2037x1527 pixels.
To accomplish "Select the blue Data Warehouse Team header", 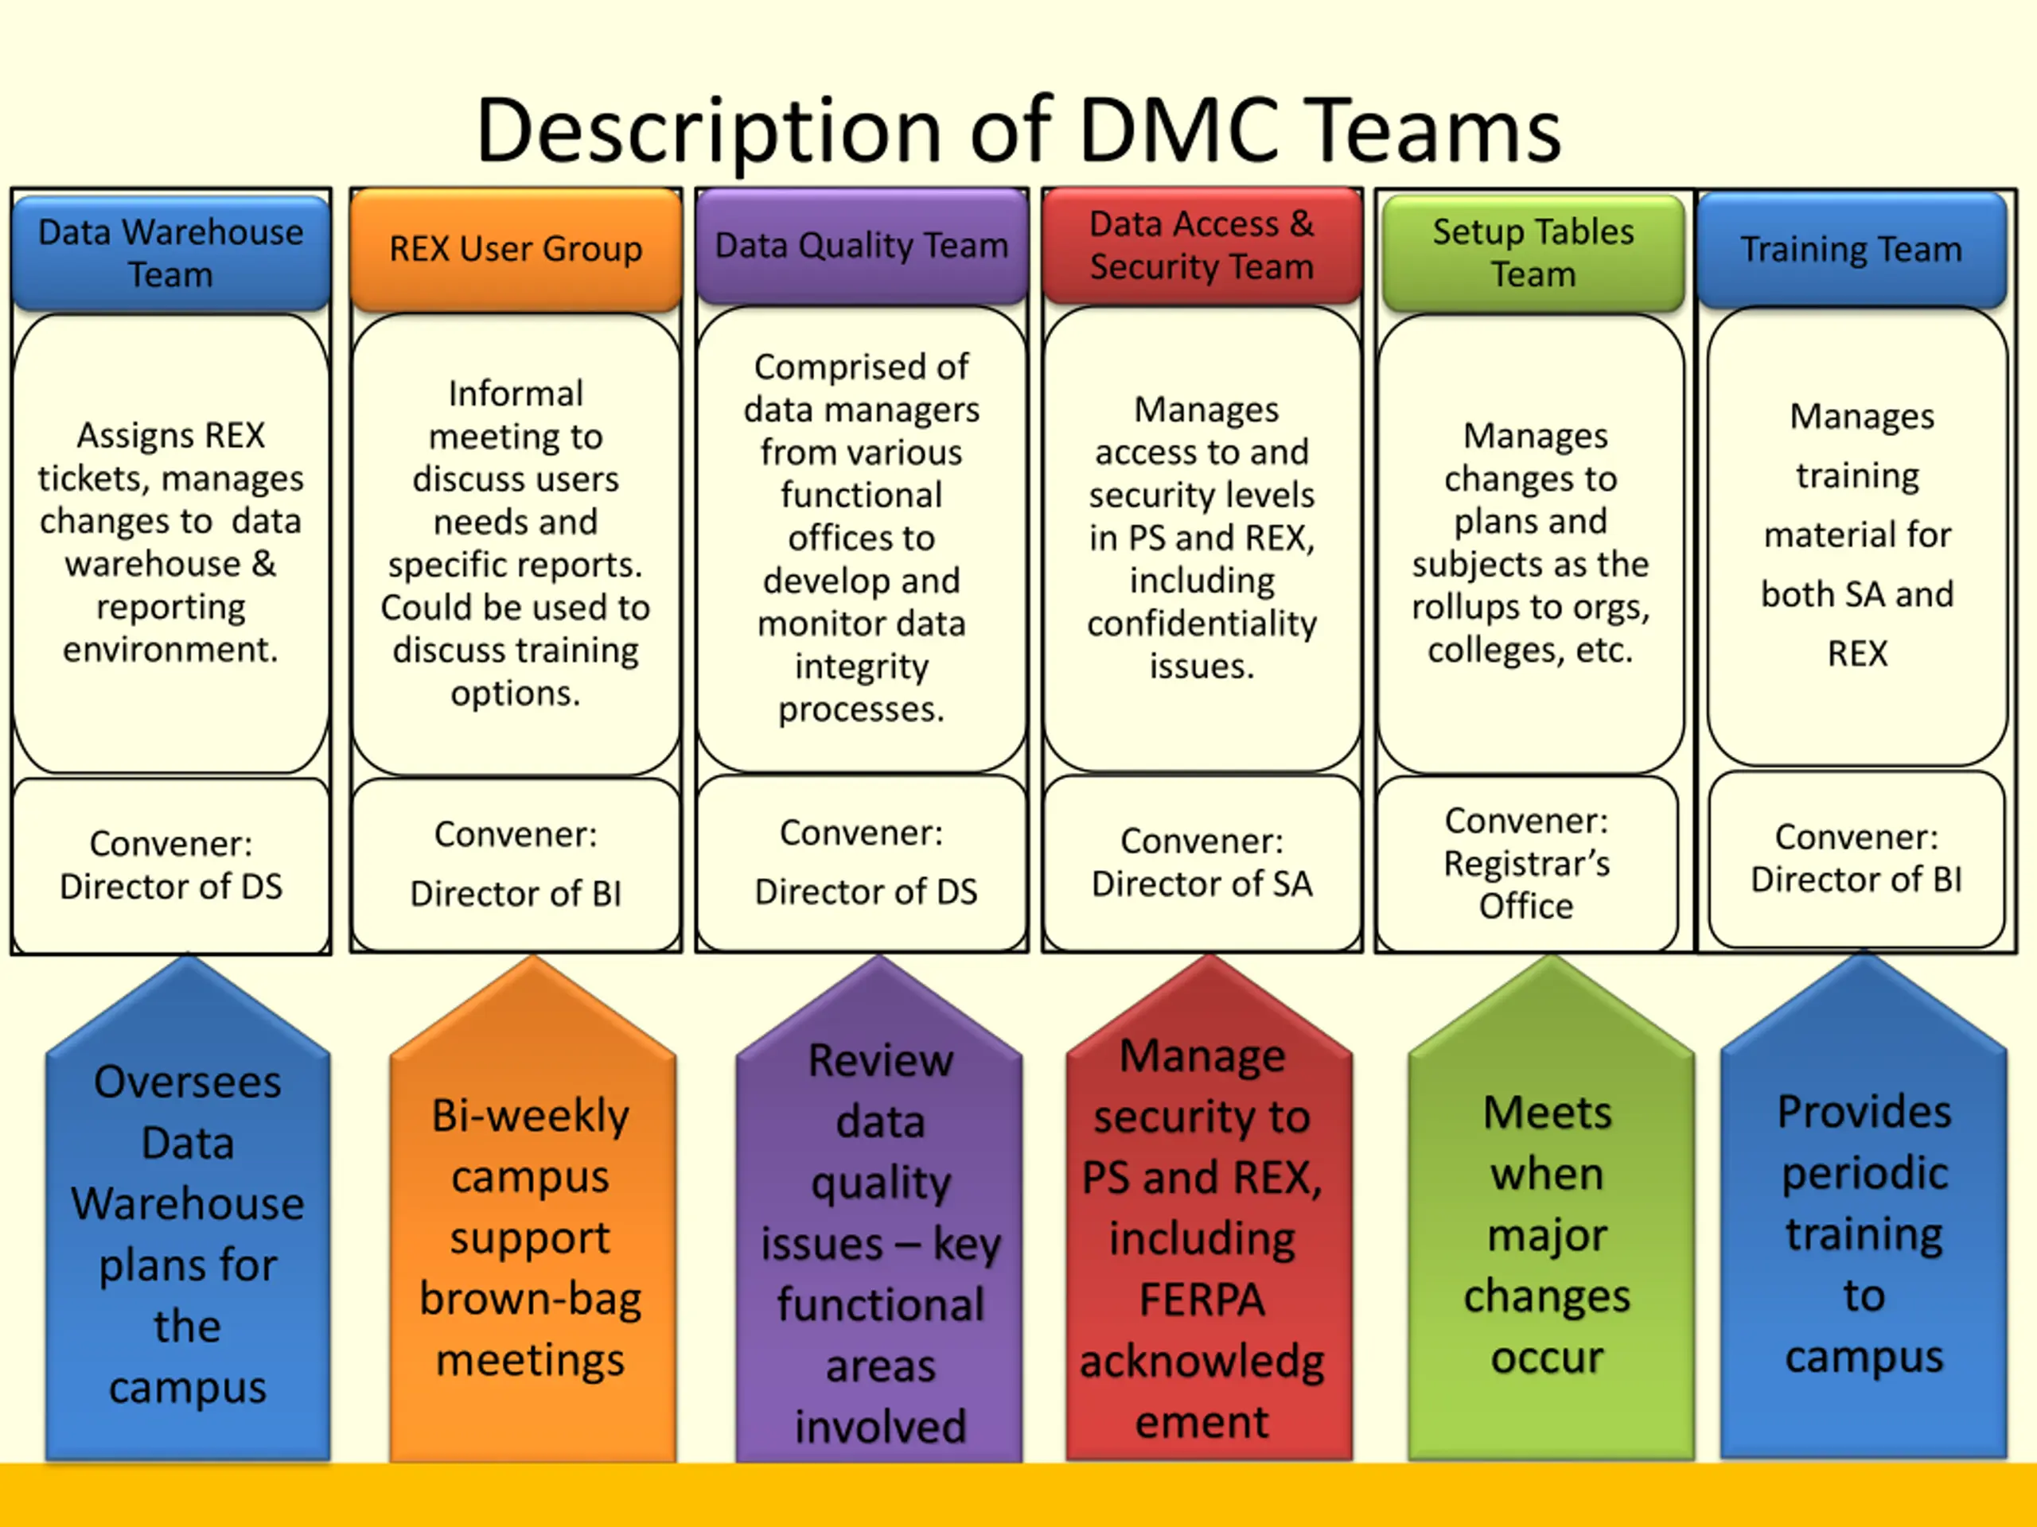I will [x=170, y=253].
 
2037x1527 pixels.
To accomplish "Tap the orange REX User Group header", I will [x=516, y=248].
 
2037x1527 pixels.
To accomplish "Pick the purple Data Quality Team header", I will [x=861, y=246].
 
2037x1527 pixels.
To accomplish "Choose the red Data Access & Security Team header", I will [x=1202, y=245].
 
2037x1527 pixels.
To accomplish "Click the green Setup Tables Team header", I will [x=1533, y=253].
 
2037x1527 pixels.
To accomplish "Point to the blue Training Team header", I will [x=1851, y=250].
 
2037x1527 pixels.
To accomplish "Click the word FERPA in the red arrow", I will [x=1202, y=1300].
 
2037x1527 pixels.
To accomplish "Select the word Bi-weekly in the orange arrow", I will [x=531, y=1116].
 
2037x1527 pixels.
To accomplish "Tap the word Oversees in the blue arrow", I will [x=188, y=1082].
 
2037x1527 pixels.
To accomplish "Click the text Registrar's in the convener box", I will [x=1526, y=864].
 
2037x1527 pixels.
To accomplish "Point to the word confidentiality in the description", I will [x=1202, y=624].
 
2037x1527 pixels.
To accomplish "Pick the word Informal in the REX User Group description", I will [x=516, y=393].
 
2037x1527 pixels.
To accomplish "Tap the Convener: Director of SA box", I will [x=1202, y=862].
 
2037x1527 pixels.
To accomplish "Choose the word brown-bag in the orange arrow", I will [x=531, y=1299].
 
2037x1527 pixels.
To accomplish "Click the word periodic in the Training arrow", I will [x=1865, y=1172].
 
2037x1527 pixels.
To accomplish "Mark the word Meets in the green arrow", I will [x=1547, y=1113].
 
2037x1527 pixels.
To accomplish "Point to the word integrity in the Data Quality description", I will [x=861, y=666].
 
